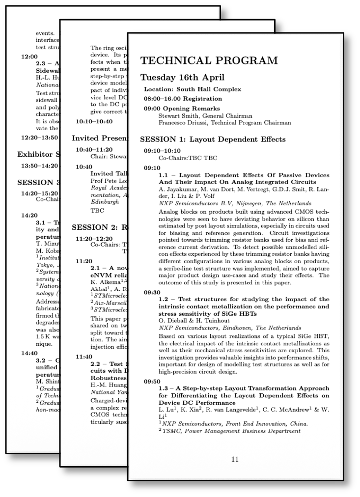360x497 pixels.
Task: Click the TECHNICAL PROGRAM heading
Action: coord(209,61)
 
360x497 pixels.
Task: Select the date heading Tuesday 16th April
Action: coord(182,78)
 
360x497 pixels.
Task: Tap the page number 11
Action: coord(235,459)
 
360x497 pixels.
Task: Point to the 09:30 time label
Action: coord(152,293)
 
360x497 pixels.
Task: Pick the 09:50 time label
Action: coord(152,382)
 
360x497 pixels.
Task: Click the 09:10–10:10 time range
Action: coord(162,151)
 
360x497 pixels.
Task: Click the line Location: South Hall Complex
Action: coord(193,89)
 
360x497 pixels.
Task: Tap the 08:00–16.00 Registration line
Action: coord(183,99)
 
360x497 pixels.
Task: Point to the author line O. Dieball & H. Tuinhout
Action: coord(194,321)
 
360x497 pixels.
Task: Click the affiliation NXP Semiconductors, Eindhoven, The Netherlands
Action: coord(230,328)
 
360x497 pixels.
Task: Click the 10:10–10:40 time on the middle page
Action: coord(94,121)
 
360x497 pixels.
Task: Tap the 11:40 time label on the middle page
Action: coord(84,357)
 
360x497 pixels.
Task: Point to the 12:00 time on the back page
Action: coord(29,56)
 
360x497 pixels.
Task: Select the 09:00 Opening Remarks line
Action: coord(182,109)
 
